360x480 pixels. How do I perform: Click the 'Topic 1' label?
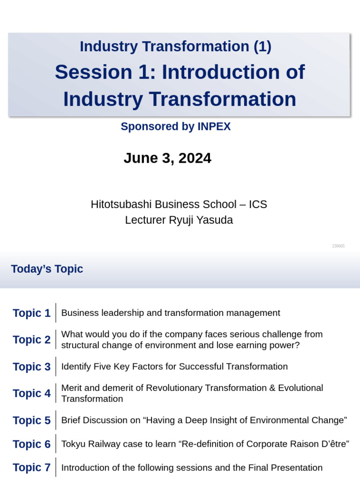(31, 313)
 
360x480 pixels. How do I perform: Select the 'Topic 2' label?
(31, 340)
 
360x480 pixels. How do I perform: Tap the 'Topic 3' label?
(31, 367)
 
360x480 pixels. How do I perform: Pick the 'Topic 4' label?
(31, 394)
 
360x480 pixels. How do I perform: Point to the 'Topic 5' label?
(31, 420)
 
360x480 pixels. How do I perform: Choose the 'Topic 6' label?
(31, 444)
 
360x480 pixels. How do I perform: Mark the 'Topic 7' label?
(31, 468)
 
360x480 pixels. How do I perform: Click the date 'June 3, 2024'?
(167, 158)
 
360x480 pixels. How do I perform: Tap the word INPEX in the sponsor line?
(213, 127)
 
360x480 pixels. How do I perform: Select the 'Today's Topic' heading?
(47, 269)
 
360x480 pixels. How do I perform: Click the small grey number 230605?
(338, 246)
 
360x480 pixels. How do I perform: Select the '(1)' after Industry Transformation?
(262, 46)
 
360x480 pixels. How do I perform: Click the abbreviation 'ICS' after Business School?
(258, 204)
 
